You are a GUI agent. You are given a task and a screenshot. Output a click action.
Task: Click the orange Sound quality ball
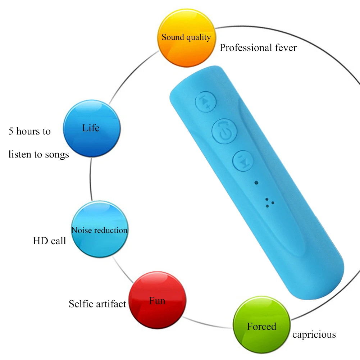tap(186, 40)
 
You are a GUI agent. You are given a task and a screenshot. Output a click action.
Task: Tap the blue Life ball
tap(91, 128)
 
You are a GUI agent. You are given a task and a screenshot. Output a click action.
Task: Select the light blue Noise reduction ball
tap(99, 229)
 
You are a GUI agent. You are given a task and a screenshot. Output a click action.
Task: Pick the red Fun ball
tap(158, 300)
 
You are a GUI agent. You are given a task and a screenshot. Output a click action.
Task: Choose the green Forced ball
tap(261, 321)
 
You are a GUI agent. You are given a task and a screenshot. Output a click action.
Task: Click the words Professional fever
tap(258, 47)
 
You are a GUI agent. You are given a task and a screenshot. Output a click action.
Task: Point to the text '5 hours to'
tap(29, 131)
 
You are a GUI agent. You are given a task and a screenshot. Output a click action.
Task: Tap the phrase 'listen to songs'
tap(38, 154)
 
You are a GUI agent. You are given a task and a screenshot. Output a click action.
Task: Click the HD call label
tap(50, 241)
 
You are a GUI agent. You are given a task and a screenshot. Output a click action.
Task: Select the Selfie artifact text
tap(97, 304)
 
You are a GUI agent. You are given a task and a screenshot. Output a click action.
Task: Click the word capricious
tap(314, 335)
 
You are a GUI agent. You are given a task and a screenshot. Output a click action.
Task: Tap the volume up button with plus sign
tap(206, 101)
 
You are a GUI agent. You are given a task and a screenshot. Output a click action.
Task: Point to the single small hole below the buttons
tap(256, 183)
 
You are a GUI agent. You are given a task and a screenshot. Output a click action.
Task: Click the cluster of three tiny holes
tap(269, 203)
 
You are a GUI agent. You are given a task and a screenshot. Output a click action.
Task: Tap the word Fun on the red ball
tap(157, 300)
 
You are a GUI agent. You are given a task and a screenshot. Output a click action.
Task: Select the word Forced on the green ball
tap(261, 327)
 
